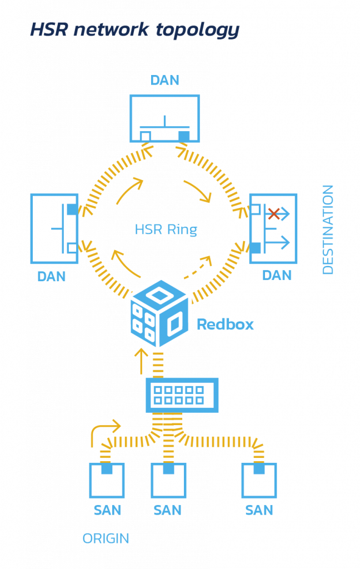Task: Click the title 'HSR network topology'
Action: point(134,30)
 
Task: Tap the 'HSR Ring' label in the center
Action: point(166,229)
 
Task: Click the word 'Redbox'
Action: point(226,325)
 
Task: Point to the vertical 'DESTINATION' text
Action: point(328,229)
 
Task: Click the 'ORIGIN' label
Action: point(106,538)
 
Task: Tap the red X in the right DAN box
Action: point(273,213)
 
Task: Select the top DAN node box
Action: point(164,118)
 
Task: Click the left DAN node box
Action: point(54,228)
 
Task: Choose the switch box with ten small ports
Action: point(182,395)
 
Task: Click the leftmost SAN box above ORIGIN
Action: point(106,481)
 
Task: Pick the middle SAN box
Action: point(168,481)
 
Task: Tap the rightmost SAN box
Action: point(259,481)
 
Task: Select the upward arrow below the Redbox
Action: point(142,361)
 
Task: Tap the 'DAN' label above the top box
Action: point(165,80)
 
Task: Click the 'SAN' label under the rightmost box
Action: point(259,510)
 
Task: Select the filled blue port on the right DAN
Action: point(255,248)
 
